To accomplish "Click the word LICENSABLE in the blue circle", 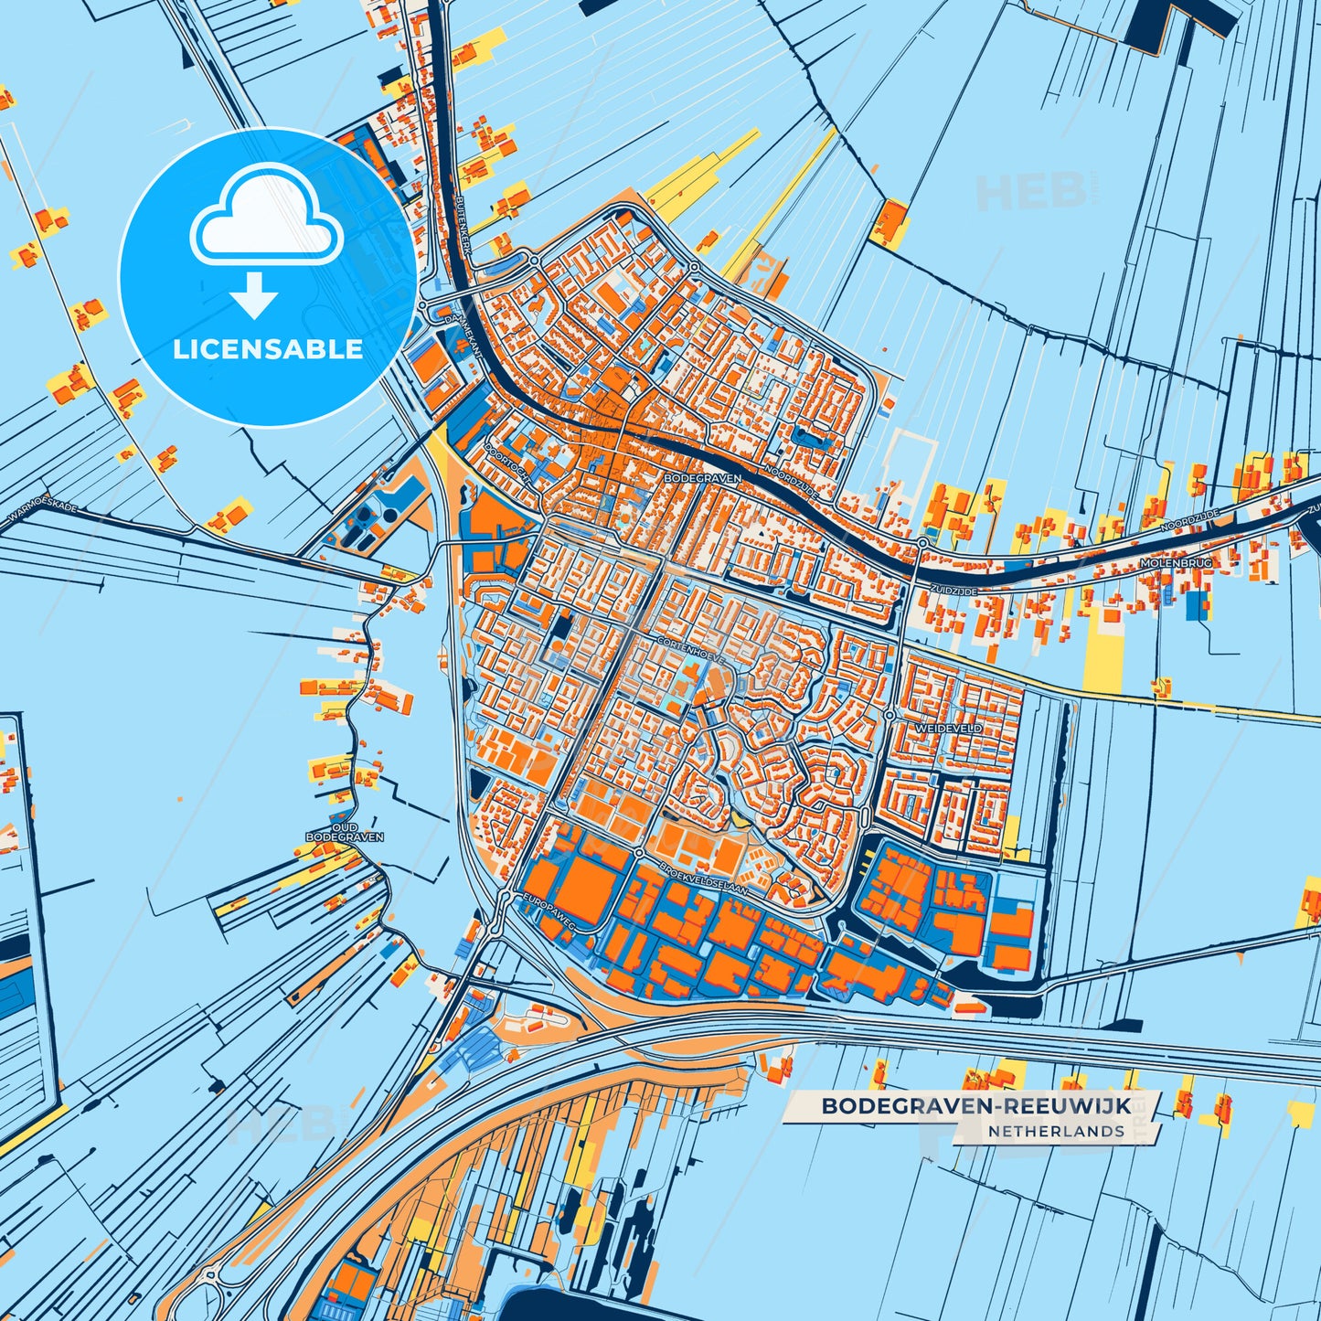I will [x=268, y=349].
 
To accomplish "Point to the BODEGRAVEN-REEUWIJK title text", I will [x=975, y=1106].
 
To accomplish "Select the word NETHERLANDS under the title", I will [x=1055, y=1131].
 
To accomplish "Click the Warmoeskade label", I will [x=42, y=516].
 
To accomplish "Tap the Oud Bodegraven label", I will [x=344, y=831].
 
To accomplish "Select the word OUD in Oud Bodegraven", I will [x=344, y=826].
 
